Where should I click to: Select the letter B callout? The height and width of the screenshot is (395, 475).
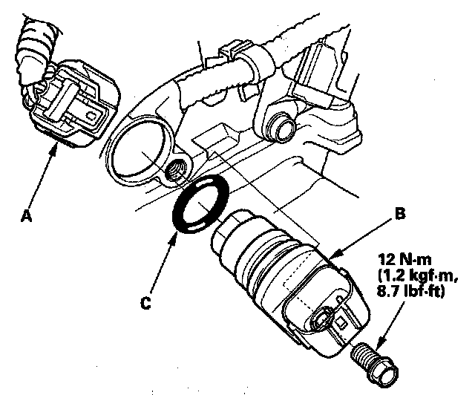pos(400,214)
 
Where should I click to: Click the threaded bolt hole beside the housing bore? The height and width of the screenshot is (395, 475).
pos(179,169)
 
